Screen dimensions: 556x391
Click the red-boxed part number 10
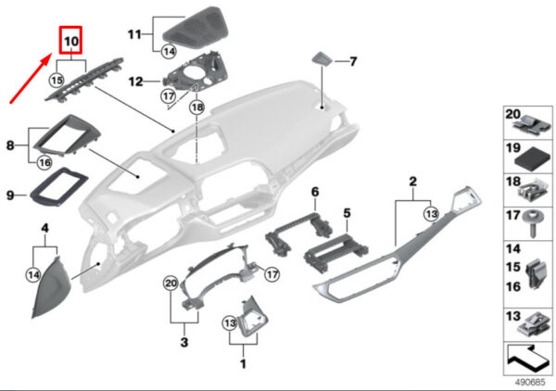pos(71,41)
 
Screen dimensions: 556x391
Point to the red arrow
pos(30,78)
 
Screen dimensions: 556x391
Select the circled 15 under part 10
pos(57,81)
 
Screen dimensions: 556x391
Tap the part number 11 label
pos(134,34)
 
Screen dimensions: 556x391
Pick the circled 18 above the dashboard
pos(196,107)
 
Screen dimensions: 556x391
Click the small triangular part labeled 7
pos(322,58)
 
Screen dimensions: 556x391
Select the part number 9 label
pos(10,195)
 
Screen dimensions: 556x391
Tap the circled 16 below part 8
pos(45,163)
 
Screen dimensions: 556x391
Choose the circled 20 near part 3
pos(171,284)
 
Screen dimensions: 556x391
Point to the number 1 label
pos(243,364)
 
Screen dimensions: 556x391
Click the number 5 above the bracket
pos(347,213)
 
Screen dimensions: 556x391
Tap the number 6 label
pos(315,192)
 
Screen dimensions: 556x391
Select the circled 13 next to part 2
pos(431,214)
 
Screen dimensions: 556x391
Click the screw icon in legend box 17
pos(531,223)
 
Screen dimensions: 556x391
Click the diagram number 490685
pos(529,383)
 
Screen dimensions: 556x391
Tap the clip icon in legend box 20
pos(532,126)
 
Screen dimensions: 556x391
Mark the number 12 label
pos(135,82)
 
